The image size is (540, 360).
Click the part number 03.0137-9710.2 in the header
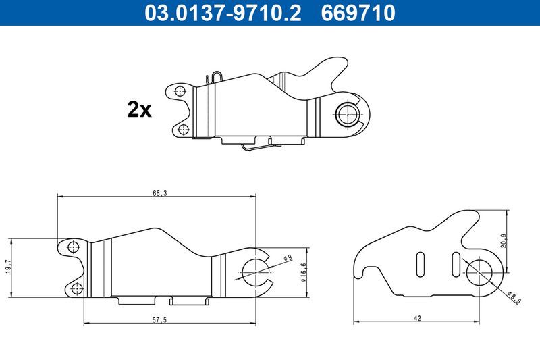[x=223, y=13]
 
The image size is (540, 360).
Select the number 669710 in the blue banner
[x=358, y=13]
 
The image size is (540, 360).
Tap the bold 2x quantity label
[x=139, y=109]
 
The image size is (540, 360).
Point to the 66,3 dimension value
[x=160, y=193]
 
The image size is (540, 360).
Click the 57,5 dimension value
[x=159, y=320]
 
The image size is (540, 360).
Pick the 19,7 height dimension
[x=8, y=267]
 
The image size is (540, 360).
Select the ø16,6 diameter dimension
[x=303, y=272]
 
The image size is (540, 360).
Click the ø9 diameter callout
[x=288, y=259]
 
